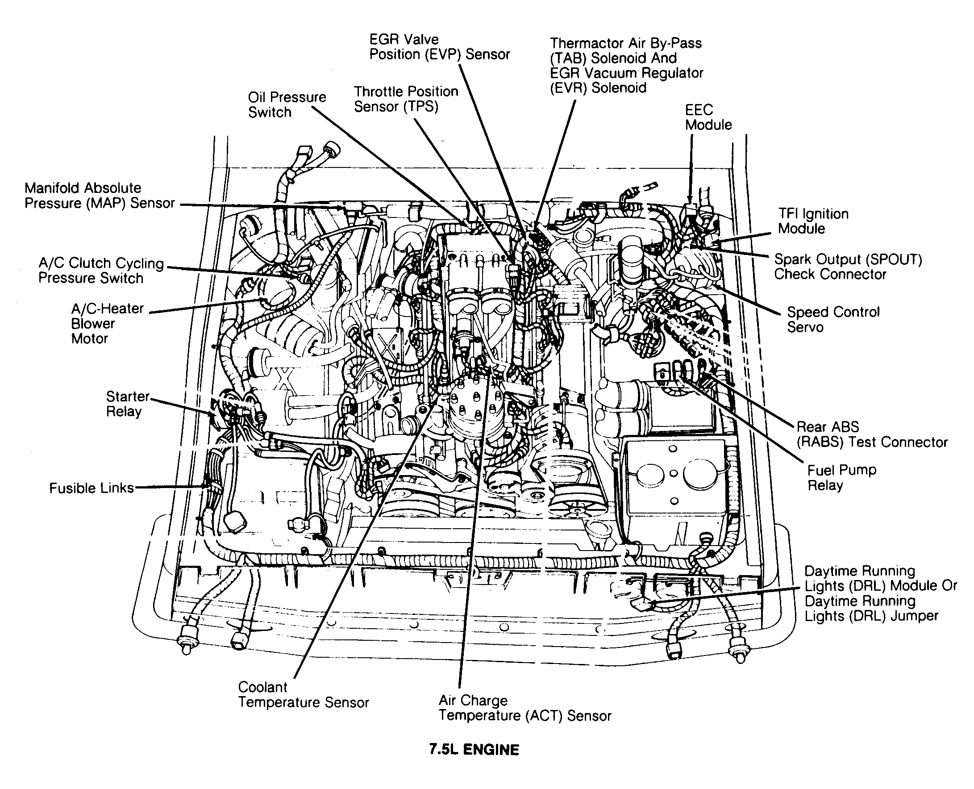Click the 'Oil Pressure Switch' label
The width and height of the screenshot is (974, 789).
[x=287, y=104]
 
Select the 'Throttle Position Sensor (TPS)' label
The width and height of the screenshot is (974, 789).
[x=406, y=99]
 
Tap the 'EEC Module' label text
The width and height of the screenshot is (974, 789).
[x=708, y=117]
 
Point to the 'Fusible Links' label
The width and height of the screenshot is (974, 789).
[x=92, y=488]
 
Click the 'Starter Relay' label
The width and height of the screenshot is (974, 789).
[x=127, y=404]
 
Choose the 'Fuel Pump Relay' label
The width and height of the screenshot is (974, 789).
[x=841, y=478]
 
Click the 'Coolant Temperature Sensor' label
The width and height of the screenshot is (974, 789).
[x=303, y=694]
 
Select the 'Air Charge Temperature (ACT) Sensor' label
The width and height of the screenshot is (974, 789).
[x=524, y=708]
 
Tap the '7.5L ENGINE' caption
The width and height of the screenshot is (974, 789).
[x=474, y=749]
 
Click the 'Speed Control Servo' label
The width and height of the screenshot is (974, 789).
[x=832, y=320]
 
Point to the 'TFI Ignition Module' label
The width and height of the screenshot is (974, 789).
[x=813, y=221]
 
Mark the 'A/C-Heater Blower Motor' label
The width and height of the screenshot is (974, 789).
[x=107, y=324]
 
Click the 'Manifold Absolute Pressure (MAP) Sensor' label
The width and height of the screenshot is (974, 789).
[x=100, y=196]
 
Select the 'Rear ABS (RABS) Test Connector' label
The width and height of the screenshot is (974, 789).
[x=871, y=434]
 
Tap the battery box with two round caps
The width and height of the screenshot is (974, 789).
[x=674, y=482]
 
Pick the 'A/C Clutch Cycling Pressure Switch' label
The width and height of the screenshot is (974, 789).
[x=100, y=271]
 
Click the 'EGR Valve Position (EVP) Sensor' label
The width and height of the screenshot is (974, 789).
[x=439, y=47]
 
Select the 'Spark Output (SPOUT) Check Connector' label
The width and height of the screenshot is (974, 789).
[x=848, y=267]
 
